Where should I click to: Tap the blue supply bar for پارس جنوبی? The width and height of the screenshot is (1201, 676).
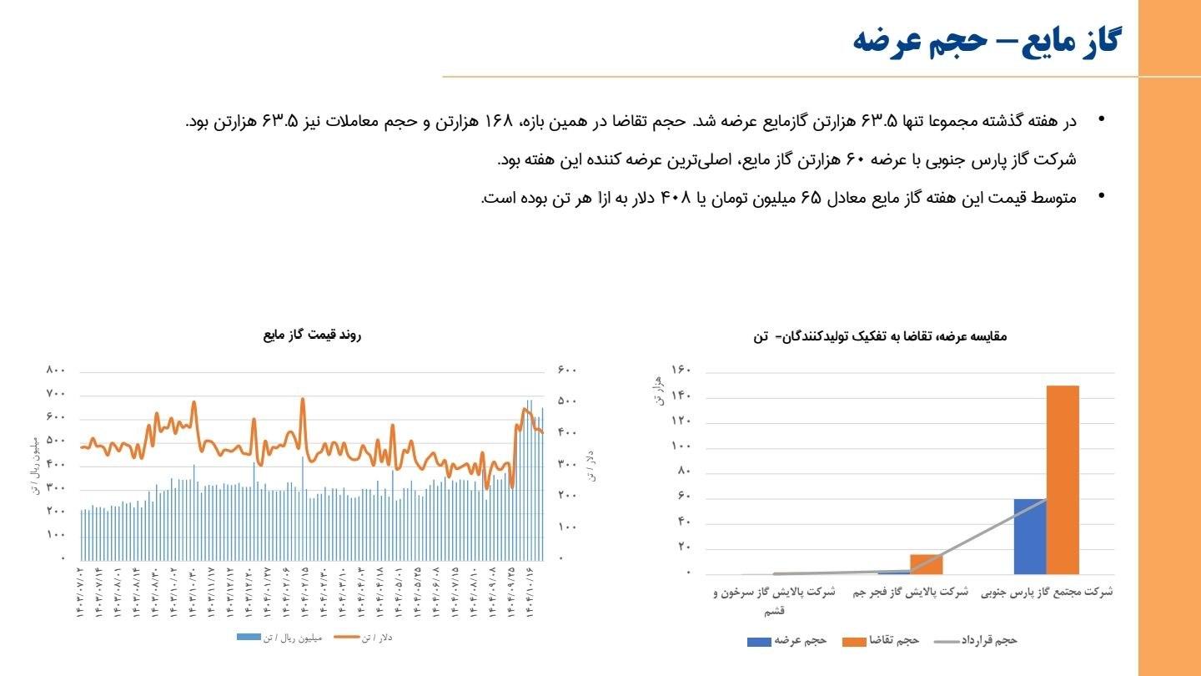[1030, 536]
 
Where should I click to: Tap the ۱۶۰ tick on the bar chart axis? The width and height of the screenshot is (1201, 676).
[681, 371]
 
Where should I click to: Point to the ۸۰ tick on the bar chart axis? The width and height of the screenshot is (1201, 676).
[684, 472]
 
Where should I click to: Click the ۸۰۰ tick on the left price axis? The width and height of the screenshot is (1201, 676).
[55, 370]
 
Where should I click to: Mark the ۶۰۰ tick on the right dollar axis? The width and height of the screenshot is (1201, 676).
[567, 370]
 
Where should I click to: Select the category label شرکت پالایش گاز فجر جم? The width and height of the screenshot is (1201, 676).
[911, 592]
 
